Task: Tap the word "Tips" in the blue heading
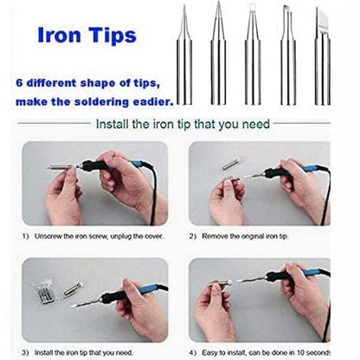tap(111, 36)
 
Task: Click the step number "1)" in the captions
tap(26, 235)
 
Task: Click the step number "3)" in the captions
tap(26, 352)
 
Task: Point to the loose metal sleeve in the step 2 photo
tap(230, 163)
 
